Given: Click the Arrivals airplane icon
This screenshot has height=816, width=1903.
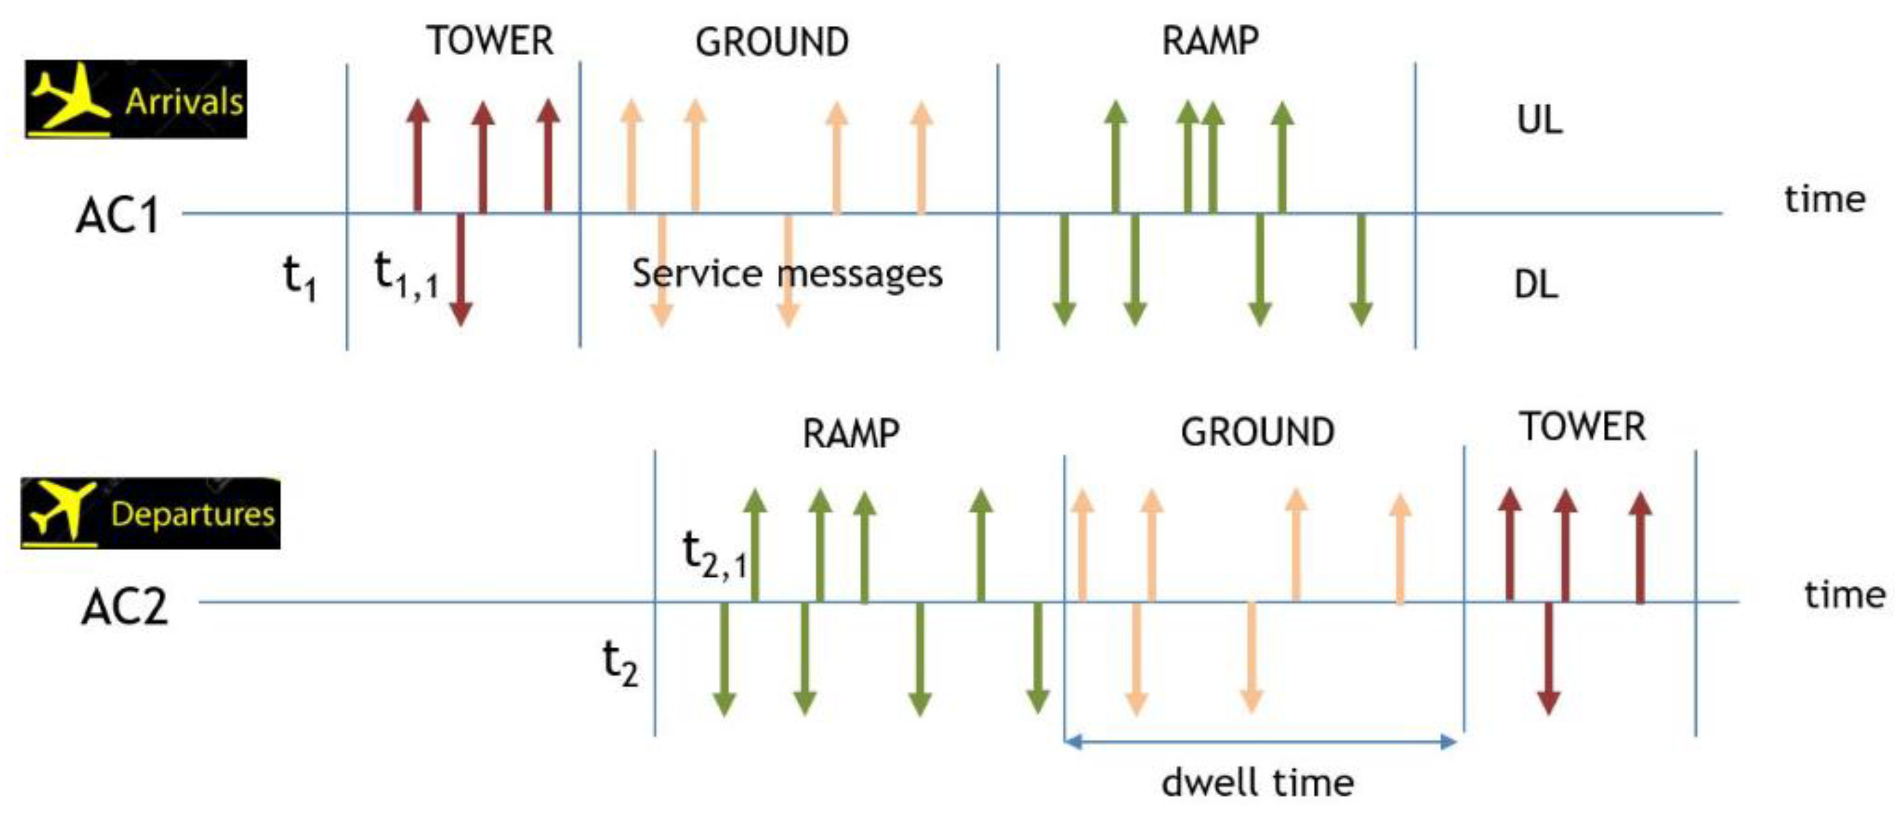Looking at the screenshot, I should coord(68,98).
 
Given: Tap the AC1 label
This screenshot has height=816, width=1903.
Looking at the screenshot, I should coord(117,217).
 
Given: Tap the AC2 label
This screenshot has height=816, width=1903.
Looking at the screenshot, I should coord(124,608).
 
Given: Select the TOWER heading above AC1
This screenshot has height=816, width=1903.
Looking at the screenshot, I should coord(490,40).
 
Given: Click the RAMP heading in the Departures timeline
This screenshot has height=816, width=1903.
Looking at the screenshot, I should coord(850,434).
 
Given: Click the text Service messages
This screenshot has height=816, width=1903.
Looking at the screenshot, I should coord(787,274).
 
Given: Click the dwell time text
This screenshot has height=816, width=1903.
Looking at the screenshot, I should coord(1258,783).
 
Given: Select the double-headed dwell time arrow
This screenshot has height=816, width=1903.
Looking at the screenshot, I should coord(1259,741).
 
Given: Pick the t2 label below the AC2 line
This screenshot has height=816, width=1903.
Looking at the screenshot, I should coord(620,663).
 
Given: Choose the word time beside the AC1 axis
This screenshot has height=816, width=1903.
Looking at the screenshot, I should coord(1824,199).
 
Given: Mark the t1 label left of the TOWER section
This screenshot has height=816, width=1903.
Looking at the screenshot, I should coord(300,279).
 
